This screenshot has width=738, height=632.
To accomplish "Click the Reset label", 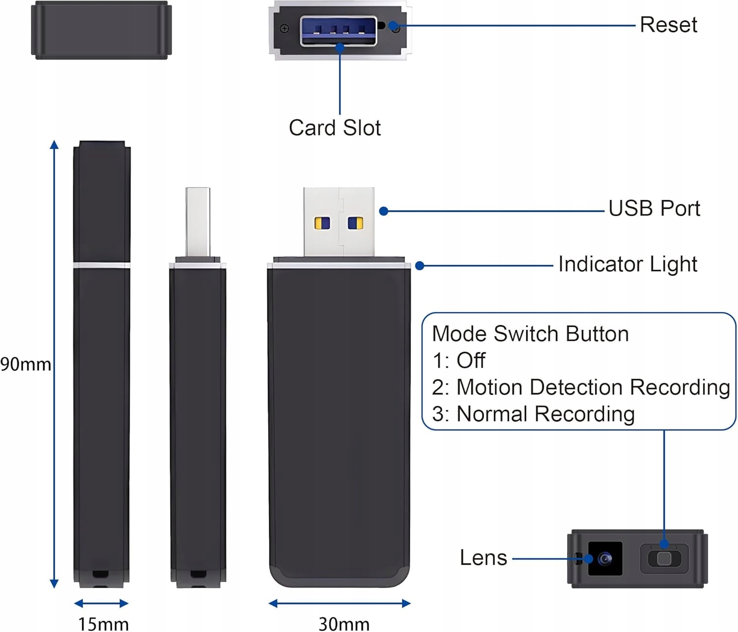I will [668, 25].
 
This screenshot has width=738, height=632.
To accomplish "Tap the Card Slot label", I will [335, 128].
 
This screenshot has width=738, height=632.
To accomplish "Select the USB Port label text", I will [654, 209].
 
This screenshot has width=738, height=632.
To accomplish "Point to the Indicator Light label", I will [627, 264].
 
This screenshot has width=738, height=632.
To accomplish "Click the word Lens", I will [483, 558].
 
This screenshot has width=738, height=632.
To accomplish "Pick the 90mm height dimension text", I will [26, 365].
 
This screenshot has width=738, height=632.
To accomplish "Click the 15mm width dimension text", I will [103, 624].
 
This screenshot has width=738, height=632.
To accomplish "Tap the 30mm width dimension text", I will [344, 624].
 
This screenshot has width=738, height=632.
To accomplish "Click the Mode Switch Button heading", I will [530, 334].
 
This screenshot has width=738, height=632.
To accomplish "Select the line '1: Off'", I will [459, 360].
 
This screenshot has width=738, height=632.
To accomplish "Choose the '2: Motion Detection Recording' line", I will [581, 387].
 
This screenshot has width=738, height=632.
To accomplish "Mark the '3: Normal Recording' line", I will [533, 414].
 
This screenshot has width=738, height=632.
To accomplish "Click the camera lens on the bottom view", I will [605, 559].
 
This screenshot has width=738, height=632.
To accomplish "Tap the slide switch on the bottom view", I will [664, 559].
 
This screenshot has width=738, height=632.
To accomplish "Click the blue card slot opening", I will [338, 31].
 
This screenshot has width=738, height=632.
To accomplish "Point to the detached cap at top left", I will [101, 31].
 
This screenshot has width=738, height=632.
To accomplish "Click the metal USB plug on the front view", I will [338, 221].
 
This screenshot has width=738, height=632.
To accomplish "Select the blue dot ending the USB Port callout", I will [384, 211].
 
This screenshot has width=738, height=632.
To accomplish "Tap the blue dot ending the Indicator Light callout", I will [420, 266].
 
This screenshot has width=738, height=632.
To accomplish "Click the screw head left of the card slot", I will [284, 29].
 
